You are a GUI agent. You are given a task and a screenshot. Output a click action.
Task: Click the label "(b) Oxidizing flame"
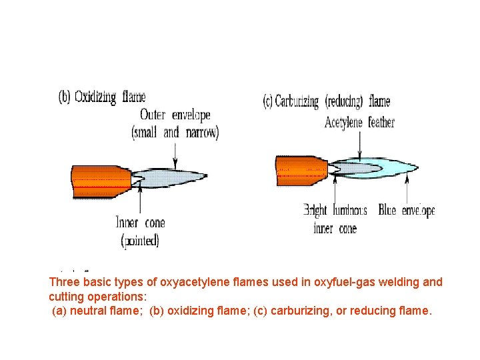[x=102, y=97]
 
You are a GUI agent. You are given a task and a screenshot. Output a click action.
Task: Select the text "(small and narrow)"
[x=175, y=132]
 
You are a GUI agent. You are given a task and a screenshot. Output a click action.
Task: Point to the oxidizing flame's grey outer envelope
[x=177, y=175]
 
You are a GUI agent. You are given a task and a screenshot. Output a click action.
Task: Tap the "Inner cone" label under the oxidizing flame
[x=140, y=223]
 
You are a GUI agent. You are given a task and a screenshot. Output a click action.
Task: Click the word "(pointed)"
[x=140, y=240]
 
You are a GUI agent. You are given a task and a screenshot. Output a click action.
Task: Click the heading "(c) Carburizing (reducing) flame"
[x=327, y=102]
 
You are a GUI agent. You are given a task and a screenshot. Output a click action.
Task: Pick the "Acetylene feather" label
[x=359, y=122]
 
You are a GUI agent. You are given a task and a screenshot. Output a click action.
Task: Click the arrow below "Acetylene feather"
[x=360, y=145]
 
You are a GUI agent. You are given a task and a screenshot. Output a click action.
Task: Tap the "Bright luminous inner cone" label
[x=335, y=219]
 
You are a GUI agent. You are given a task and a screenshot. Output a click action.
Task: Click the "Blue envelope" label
[x=406, y=211]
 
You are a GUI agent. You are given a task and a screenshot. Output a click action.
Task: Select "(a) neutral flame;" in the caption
[x=97, y=310]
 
